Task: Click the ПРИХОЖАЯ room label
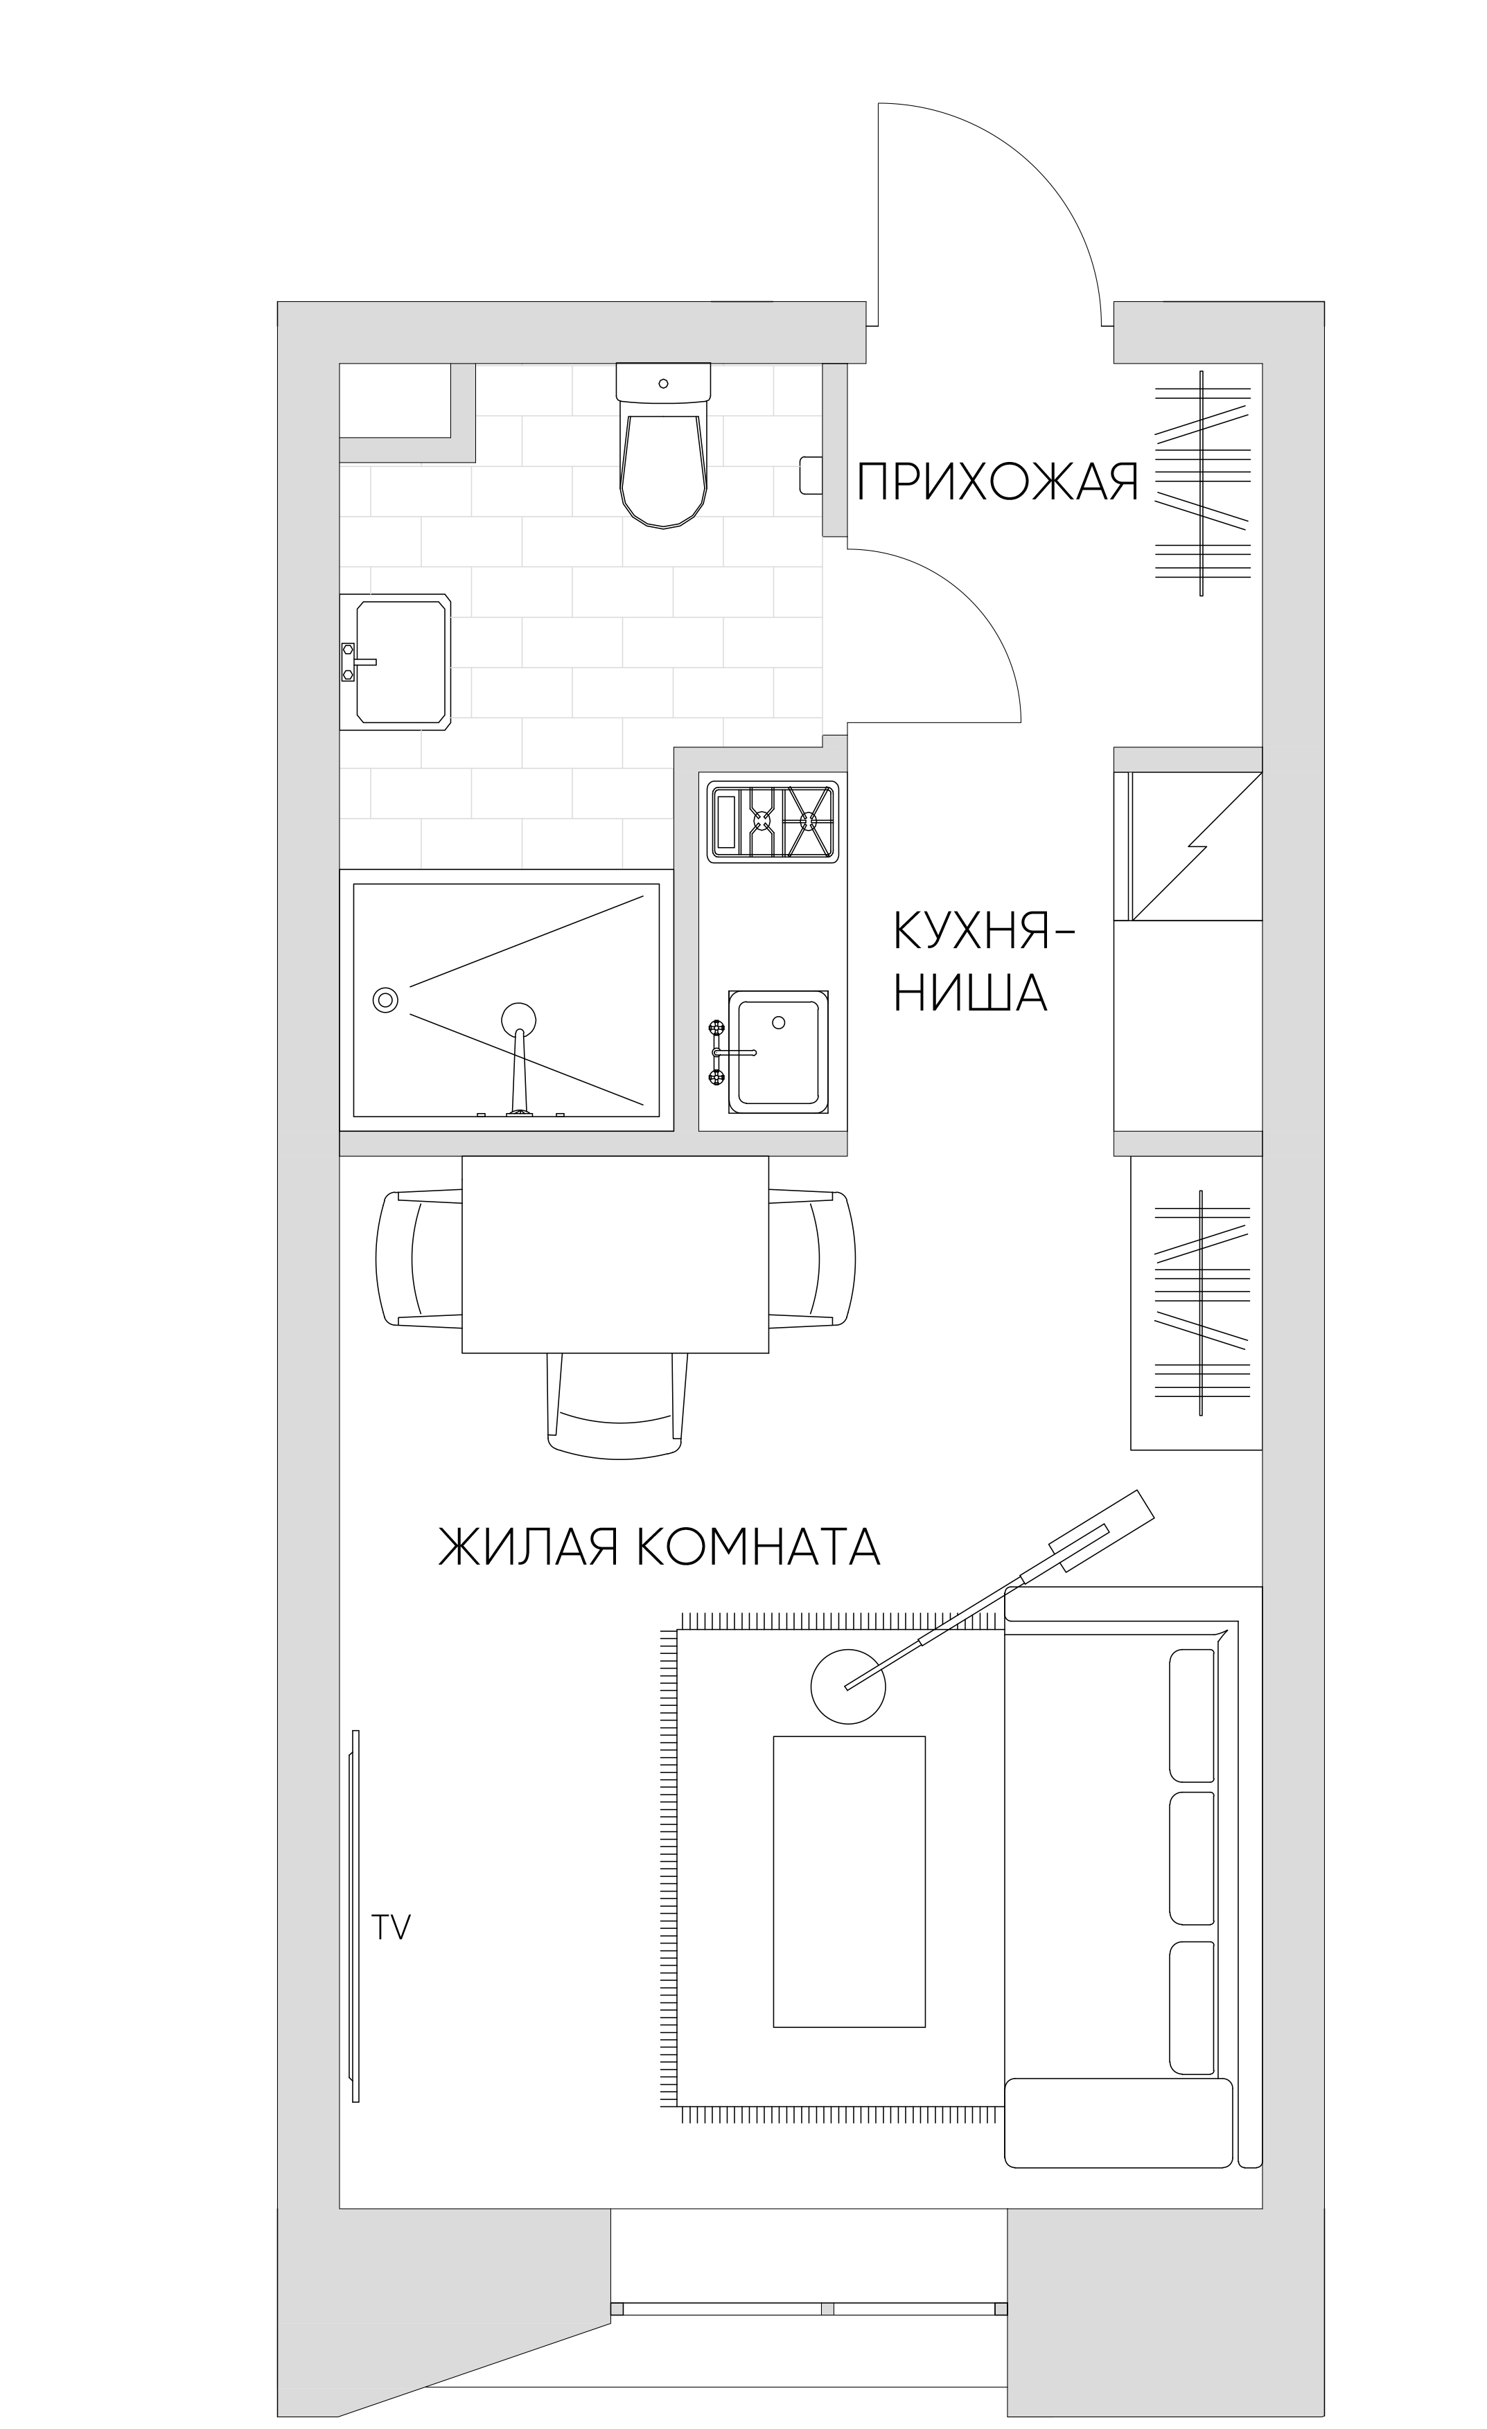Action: [997, 483]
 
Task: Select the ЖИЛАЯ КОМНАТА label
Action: [658, 1546]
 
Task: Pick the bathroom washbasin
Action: [396, 661]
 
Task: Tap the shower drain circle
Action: [385, 999]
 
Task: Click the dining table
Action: [615, 1254]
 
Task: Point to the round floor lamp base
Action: [848, 1687]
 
